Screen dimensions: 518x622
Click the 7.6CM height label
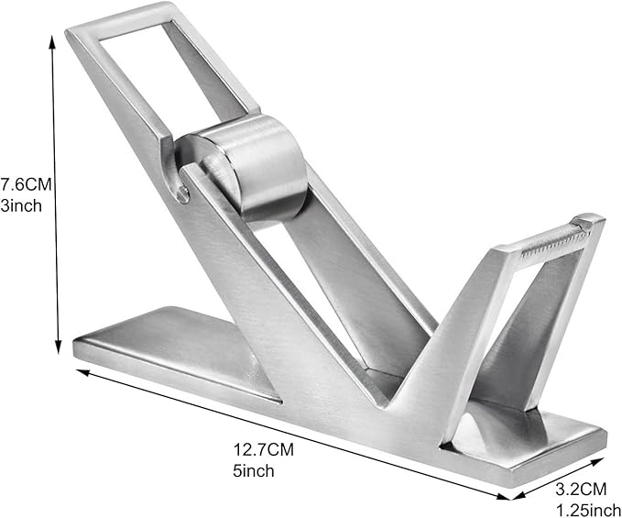coord(25,184)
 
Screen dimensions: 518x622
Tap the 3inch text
coord(21,205)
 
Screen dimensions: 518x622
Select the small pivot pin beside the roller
coord(184,193)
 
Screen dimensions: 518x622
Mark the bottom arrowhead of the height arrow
coord(57,337)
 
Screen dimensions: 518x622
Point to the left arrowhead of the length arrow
coord(81,372)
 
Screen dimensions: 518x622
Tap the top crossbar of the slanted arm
coord(119,19)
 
